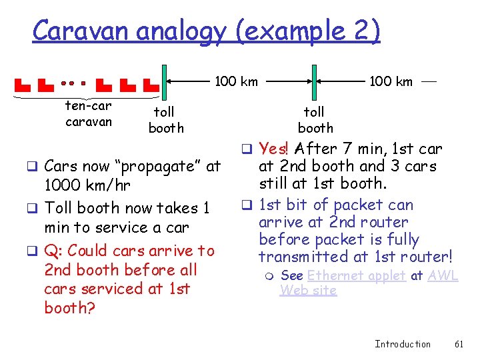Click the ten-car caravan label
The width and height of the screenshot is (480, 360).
88,113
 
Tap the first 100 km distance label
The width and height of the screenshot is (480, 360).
235,81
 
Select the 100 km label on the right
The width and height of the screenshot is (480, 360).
391,81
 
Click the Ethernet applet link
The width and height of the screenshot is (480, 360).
356,275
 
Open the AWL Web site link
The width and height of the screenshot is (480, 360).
443,275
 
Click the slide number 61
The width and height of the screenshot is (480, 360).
458,344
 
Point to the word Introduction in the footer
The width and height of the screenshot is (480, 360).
403,344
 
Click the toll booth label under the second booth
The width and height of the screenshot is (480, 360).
315,119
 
